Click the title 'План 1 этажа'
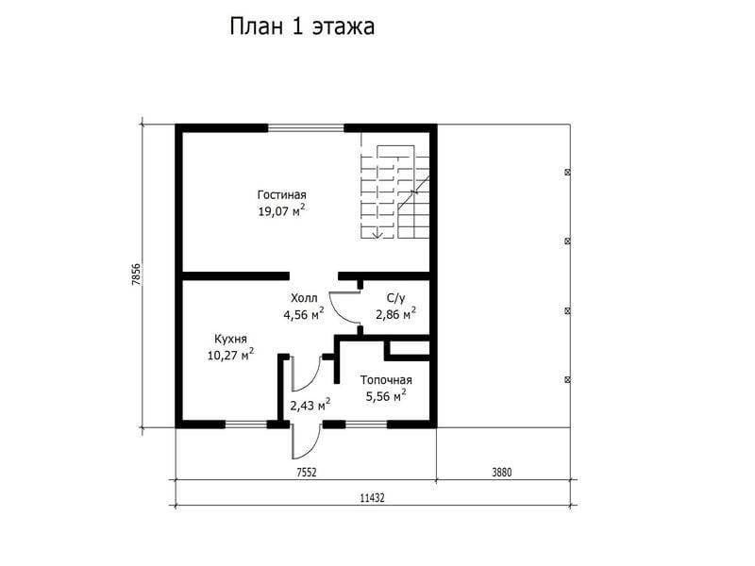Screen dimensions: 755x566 pyautogui.click(x=302, y=27)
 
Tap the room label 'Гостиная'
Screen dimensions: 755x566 pyautogui.click(x=281, y=195)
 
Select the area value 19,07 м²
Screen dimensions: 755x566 pyautogui.click(x=281, y=210)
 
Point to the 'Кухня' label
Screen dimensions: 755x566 pyautogui.click(x=230, y=340)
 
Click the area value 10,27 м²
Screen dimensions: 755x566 pyautogui.click(x=230, y=355)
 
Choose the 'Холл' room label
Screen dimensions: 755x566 pyautogui.click(x=304, y=298)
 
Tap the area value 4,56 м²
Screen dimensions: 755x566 pyautogui.click(x=304, y=314)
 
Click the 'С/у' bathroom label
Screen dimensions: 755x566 pyautogui.click(x=395, y=298)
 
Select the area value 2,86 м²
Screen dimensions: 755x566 pyautogui.click(x=395, y=314)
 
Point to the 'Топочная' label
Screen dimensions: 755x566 pyautogui.click(x=386, y=380)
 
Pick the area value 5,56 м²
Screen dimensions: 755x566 pyautogui.click(x=386, y=396)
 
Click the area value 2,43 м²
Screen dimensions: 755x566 pyautogui.click(x=310, y=406)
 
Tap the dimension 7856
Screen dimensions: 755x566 pyautogui.click(x=136, y=275)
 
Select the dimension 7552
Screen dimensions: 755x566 pyautogui.click(x=306, y=473)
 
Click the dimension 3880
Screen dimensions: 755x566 pyautogui.click(x=502, y=473)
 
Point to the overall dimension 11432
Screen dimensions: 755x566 pyautogui.click(x=373, y=498)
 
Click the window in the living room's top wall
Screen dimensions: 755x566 pyautogui.click(x=306, y=127)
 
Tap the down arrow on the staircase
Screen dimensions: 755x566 pyautogui.click(x=378, y=232)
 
